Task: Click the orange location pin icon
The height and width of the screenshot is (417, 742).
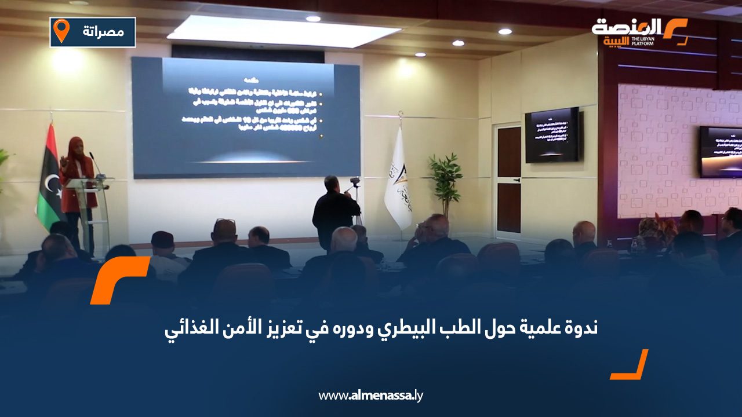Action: pos(61,31)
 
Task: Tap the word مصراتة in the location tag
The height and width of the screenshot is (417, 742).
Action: pos(103,32)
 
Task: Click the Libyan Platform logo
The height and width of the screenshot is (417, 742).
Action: pos(639,32)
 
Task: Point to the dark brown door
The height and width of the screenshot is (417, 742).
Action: pos(509,180)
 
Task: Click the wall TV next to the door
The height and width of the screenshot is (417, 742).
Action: pos(552,134)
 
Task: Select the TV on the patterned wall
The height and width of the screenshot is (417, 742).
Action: pos(720,152)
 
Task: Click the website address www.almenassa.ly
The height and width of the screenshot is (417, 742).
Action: pos(371,396)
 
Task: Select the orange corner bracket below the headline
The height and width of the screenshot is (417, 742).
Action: pos(631,365)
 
